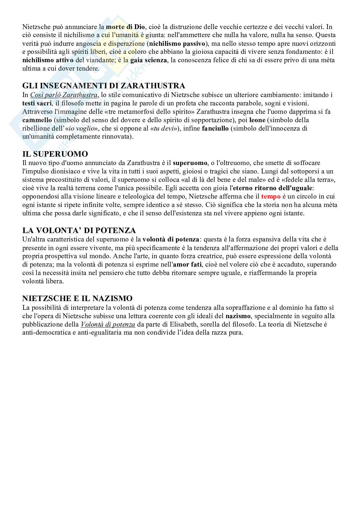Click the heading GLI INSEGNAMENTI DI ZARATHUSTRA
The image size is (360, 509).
(104, 86)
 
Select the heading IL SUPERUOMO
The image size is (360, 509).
(55, 154)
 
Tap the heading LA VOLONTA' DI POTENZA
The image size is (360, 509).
(79, 230)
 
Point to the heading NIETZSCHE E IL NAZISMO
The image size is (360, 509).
(77, 299)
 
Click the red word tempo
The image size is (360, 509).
(271, 196)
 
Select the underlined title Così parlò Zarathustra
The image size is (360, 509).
(64, 95)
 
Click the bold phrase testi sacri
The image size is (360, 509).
(37, 103)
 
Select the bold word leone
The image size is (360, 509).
(257, 120)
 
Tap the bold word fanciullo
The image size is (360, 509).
(215, 128)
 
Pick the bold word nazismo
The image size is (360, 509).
(239, 316)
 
